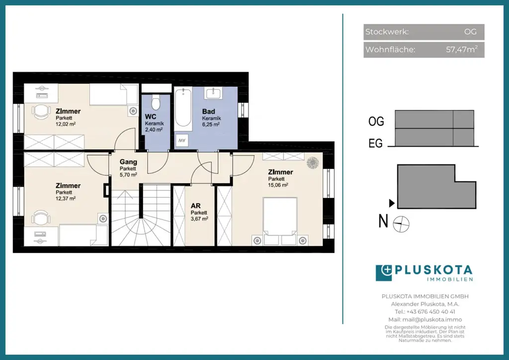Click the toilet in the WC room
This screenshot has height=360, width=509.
156,102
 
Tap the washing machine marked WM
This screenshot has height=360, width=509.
182,141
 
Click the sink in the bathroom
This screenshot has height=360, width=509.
213,92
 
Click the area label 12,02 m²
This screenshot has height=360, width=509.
66,124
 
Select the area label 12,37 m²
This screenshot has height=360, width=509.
66,198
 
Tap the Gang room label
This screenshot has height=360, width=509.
128,162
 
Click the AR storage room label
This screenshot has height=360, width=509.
196,206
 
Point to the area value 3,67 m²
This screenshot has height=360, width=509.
199,219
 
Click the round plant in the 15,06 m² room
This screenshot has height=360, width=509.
313,163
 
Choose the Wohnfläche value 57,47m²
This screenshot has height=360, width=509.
462,49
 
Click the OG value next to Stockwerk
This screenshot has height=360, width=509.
470,32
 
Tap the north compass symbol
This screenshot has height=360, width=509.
401,224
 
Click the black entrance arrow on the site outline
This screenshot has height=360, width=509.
392,203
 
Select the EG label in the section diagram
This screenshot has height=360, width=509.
376,143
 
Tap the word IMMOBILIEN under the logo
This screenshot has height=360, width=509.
450,279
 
